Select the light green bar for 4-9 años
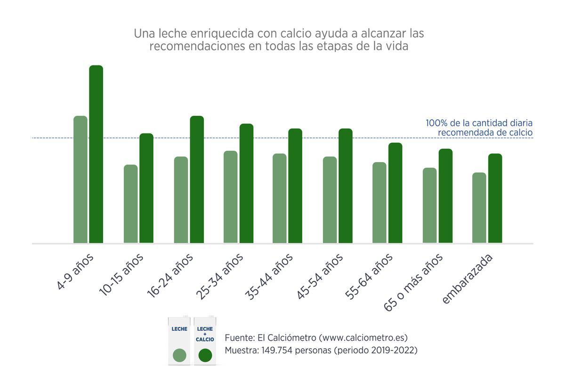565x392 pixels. click(81, 180)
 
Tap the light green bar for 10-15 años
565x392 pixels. click(131, 204)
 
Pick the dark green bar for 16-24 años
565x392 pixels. click(197, 180)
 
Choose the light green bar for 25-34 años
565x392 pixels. click(231, 197)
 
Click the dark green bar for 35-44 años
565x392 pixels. click(295, 186)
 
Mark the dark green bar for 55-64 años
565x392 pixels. click(395, 193)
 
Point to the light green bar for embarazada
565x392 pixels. click(479, 208)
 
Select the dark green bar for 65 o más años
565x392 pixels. click(445, 196)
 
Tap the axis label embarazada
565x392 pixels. click(468, 278)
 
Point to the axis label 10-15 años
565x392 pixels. click(121, 275)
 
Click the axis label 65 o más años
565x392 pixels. click(413, 282)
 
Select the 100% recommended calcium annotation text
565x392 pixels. click(479, 128)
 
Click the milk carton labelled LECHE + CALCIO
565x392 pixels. click(206, 341)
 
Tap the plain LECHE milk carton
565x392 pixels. click(179, 341)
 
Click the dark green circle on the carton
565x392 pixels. click(205, 355)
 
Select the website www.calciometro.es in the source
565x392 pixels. click(363, 338)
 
